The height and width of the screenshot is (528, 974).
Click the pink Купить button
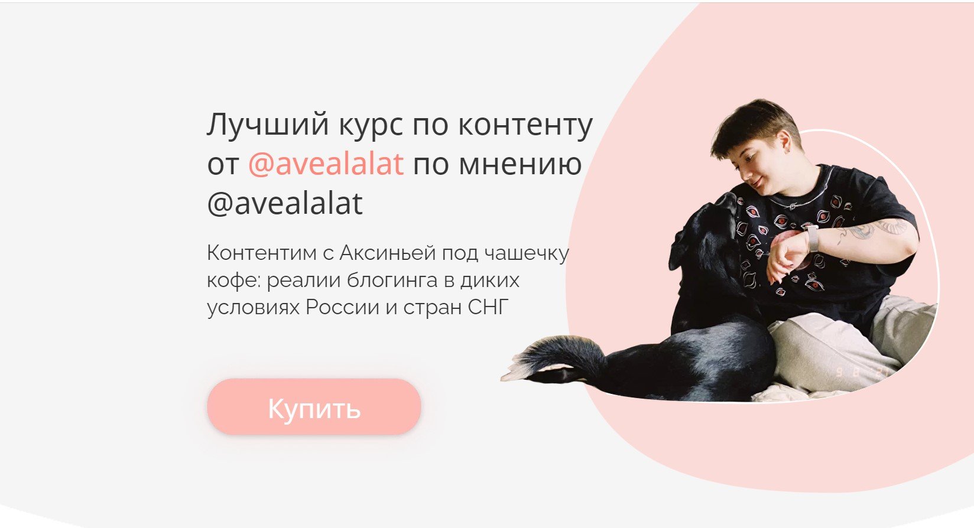tap(314, 407)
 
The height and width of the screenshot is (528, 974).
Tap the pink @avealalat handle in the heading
tap(326, 164)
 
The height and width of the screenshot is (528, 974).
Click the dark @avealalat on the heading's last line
tap(284, 203)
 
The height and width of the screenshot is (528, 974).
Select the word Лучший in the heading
tap(268, 125)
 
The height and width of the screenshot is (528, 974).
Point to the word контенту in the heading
tap(525, 126)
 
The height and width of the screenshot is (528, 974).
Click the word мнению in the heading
tap(520, 164)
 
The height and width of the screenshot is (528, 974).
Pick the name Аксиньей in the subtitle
tap(388, 253)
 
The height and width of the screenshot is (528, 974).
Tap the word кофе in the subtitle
tap(233, 281)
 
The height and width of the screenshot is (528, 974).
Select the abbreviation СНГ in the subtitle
tap(488, 307)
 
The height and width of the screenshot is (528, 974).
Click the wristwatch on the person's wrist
tap(811, 238)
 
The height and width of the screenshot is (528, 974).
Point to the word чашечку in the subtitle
tap(526, 253)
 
